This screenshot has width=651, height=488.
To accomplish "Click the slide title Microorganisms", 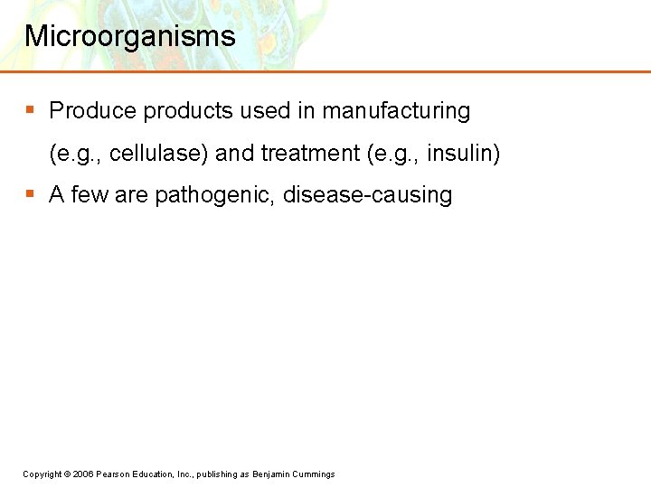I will tap(129, 36).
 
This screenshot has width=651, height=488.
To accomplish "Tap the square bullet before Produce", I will tap(30, 110).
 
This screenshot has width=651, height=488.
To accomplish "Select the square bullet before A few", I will tap(30, 193).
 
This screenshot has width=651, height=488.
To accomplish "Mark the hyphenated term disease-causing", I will tap(368, 195).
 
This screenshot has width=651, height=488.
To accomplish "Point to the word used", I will tap(265, 111).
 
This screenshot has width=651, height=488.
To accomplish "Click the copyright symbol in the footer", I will tap(68, 474).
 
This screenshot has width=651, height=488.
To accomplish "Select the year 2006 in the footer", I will tap(83, 474).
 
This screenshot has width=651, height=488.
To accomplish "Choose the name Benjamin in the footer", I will tap(271, 474).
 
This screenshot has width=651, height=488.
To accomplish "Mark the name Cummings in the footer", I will tap(314, 474).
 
